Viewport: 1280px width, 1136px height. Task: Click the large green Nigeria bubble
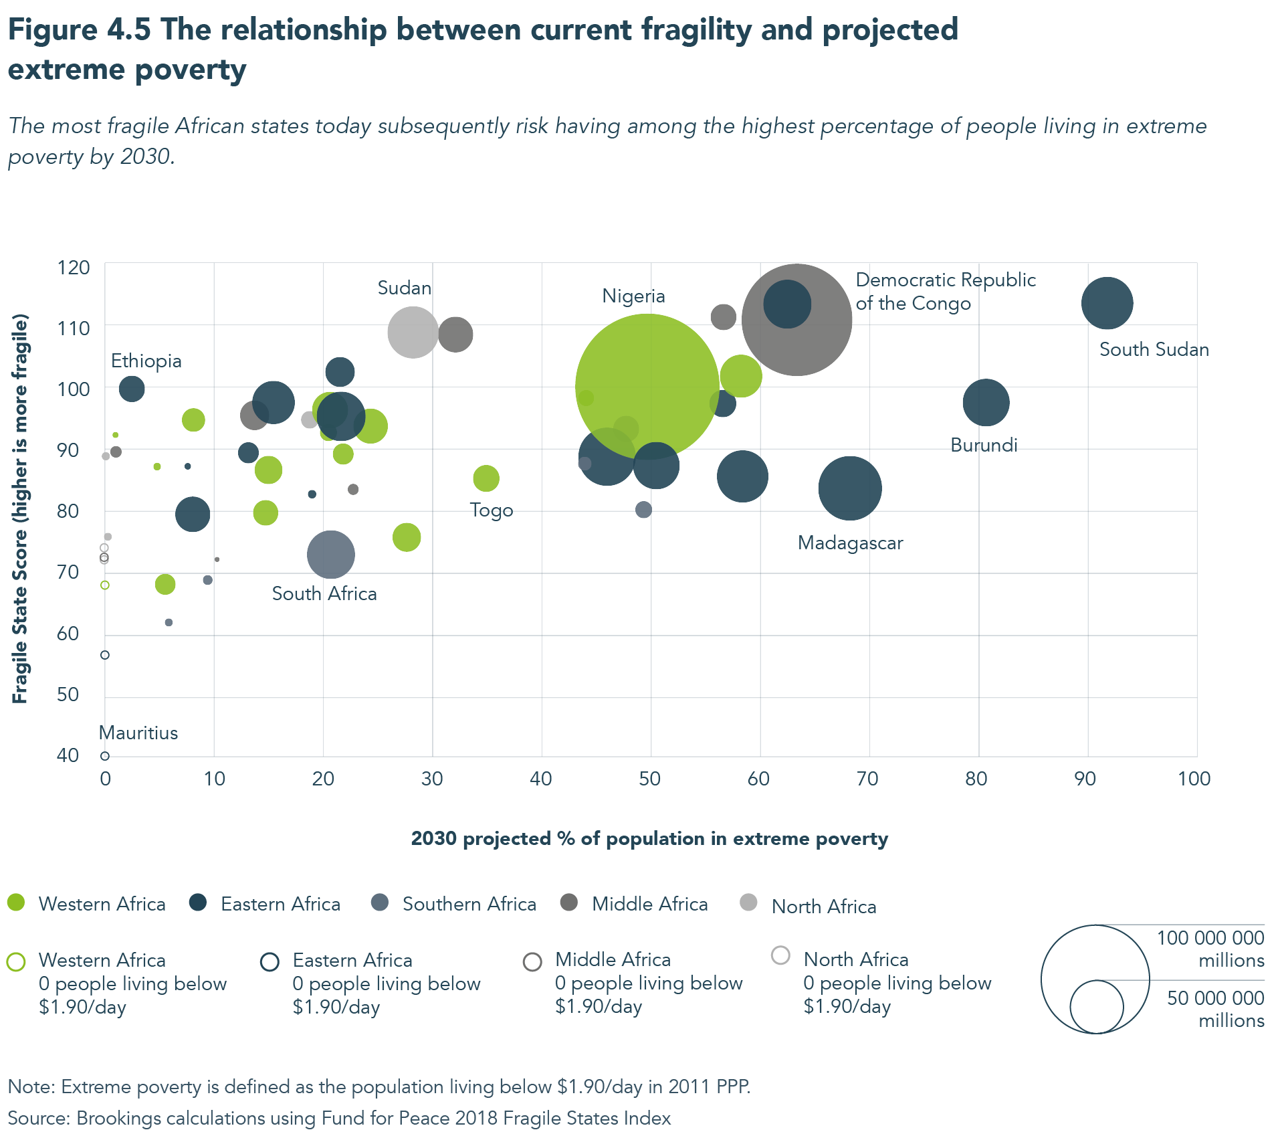647,386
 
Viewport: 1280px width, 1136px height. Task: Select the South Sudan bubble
1107,303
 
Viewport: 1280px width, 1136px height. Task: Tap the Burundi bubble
986,403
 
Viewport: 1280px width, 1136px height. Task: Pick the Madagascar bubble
849,488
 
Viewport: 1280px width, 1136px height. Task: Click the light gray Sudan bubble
413,332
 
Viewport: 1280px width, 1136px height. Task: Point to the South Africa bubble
330,555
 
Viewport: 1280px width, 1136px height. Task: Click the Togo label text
492,510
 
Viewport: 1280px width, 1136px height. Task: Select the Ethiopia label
146,361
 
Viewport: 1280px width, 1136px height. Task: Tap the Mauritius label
138,733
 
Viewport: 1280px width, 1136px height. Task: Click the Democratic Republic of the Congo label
945,292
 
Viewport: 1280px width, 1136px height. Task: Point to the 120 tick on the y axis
74,268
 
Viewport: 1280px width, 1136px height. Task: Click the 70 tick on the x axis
867,779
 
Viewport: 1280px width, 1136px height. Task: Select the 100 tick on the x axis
1194,779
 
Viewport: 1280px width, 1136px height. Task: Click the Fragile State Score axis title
20,508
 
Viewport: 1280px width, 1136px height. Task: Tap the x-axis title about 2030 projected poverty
649,839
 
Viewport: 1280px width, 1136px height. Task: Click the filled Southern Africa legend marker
380,903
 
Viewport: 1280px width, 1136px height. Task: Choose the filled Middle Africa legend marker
569,903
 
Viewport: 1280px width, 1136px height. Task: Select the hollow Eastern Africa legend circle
270,962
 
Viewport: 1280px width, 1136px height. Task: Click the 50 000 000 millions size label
1215,1009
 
